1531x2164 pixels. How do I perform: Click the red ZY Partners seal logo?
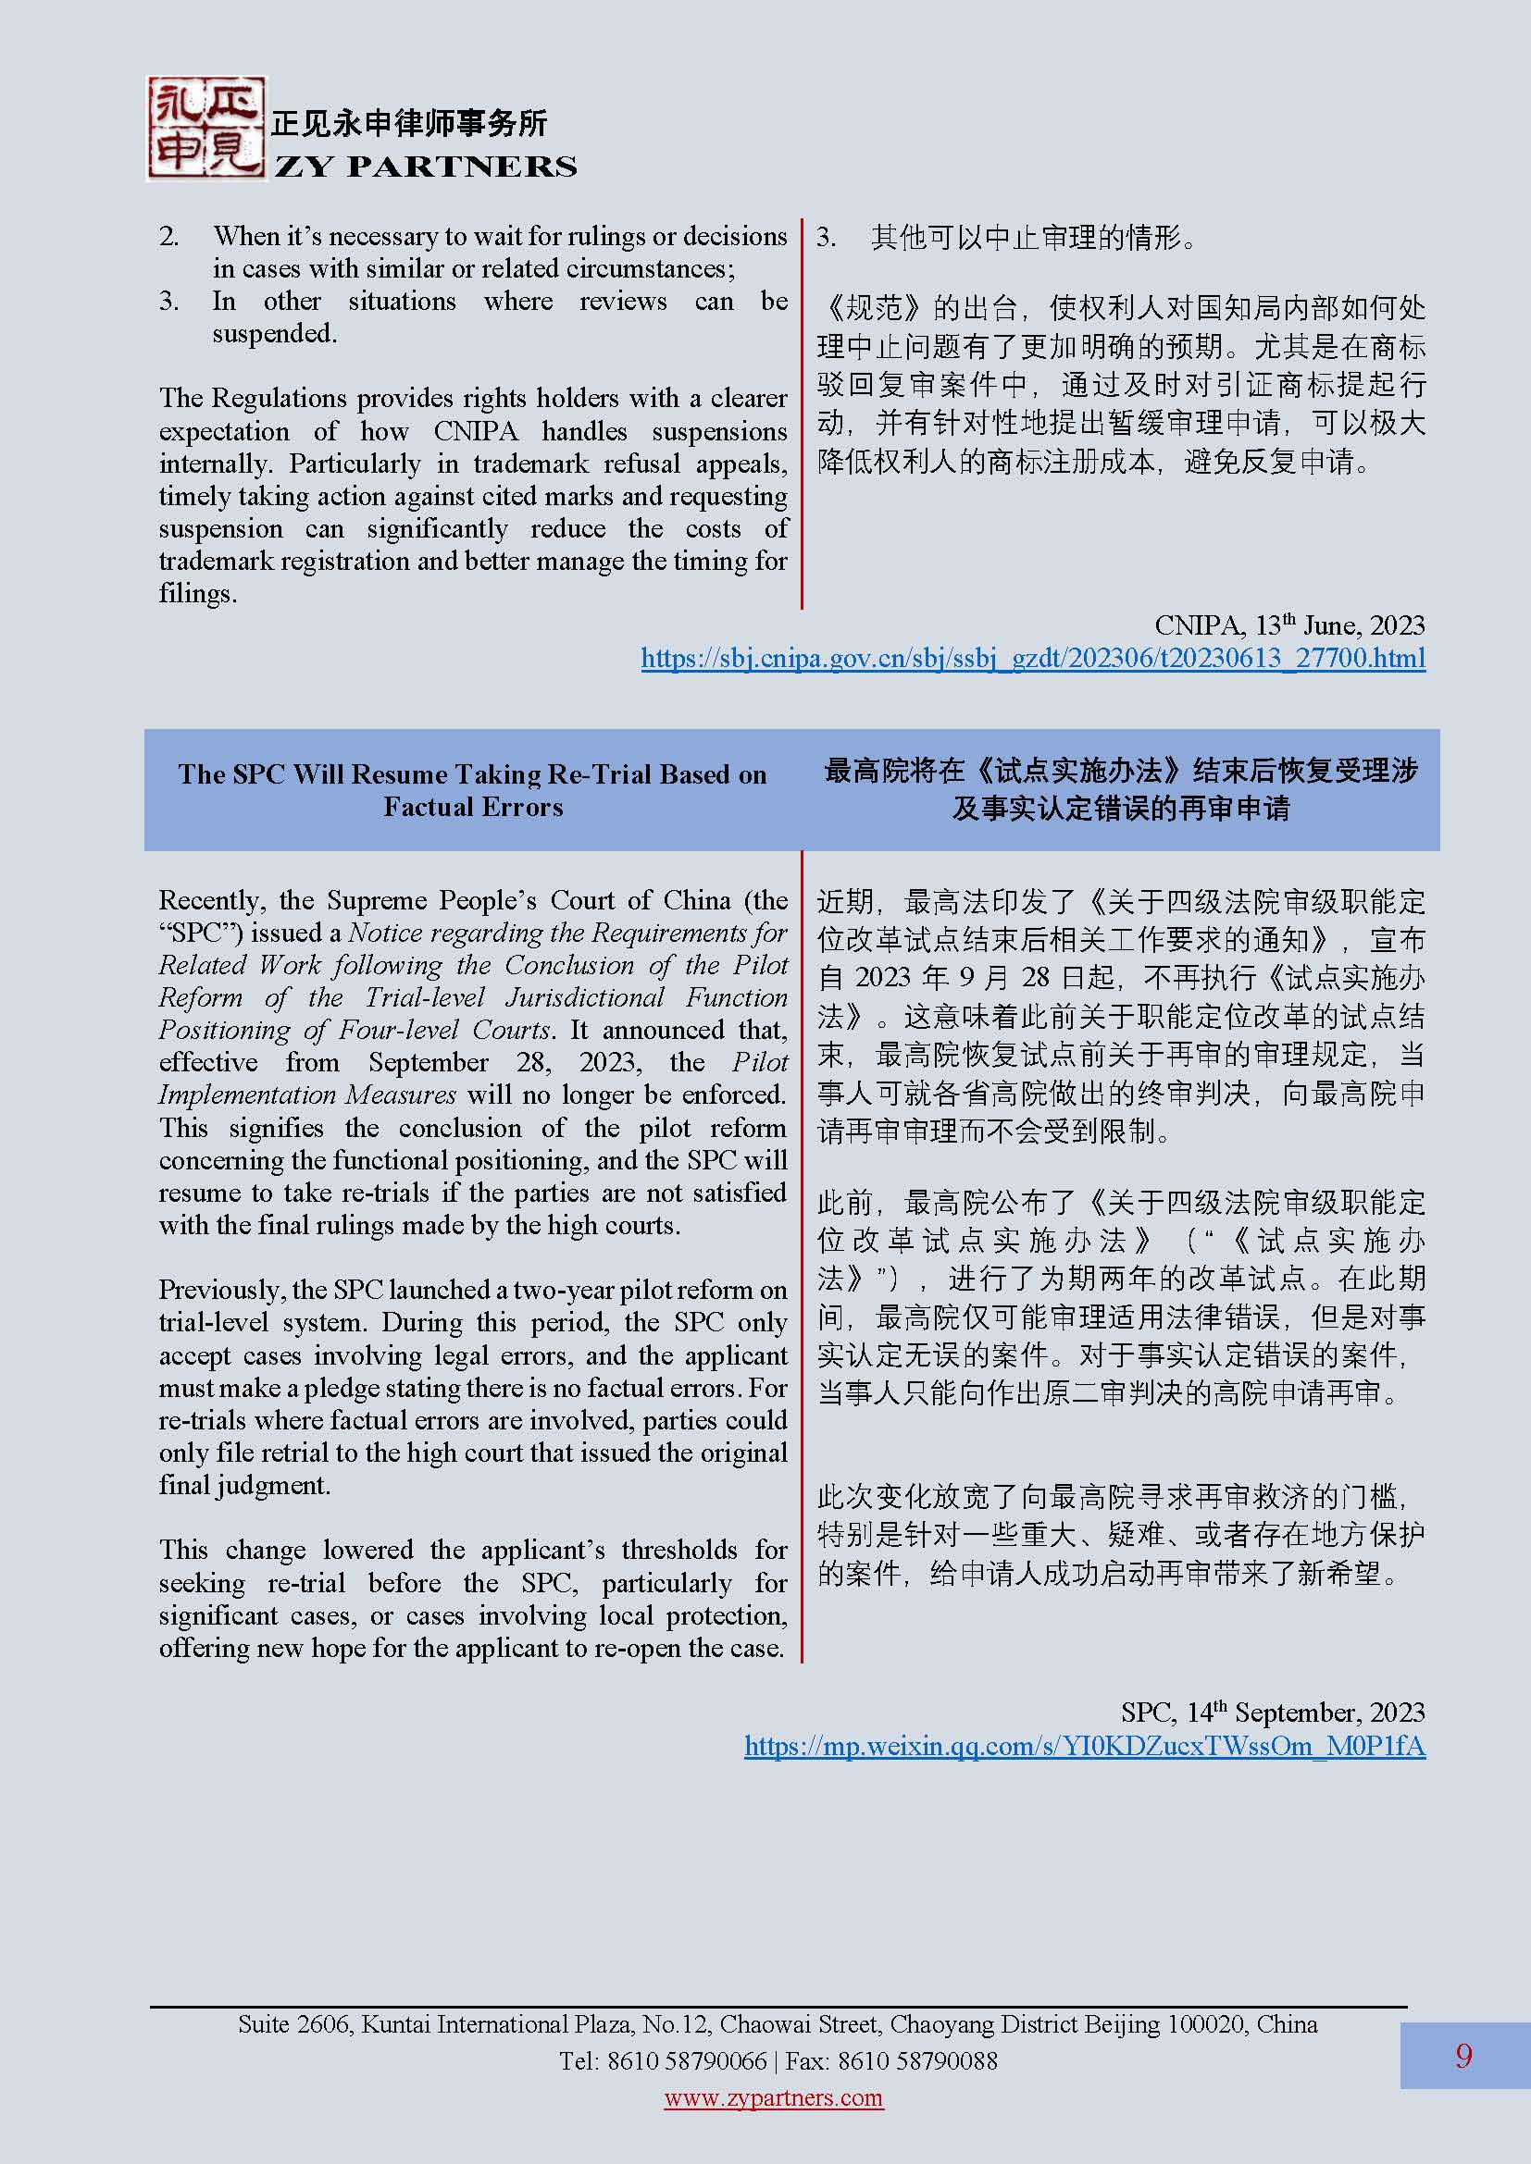pyautogui.click(x=205, y=129)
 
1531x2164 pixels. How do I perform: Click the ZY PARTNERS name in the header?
pyautogui.click(x=425, y=167)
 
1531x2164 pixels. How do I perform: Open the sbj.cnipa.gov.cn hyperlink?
pyautogui.click(x=1032, y=658)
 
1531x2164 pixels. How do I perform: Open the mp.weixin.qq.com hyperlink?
pyautogui.click(x=1084, y=1747)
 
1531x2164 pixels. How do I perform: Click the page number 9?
pyautogui.click(x=1463, y=2056)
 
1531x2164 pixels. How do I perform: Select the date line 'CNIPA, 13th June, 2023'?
pyautogui.click(x=1288, y=625)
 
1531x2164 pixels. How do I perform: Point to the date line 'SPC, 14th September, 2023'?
pyautogui.click(x=1272, y=1713)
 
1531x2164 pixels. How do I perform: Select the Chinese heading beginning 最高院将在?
pyautogui.click(x=1120, y=789)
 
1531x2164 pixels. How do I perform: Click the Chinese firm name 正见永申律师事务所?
pyautogui.click(x=409, y=123)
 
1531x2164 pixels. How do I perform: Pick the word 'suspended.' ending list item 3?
pyautogui.click(x=274, y=334)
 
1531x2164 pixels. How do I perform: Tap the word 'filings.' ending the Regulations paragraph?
pyautogui.click(x=198, y=594)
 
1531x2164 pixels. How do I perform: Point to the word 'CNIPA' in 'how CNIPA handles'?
pyautogui.click(x=475, y=432)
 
